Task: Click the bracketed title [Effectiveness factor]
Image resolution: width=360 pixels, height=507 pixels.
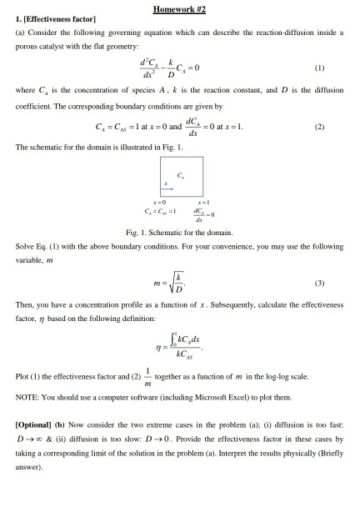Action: tap(52, 20)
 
